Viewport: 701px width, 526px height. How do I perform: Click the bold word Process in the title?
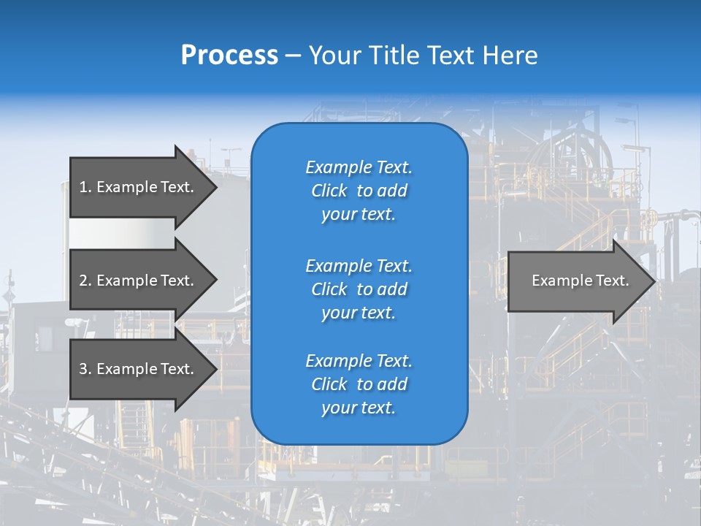(x=229, y=56)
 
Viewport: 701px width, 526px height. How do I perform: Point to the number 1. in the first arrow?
(x=85, y=187)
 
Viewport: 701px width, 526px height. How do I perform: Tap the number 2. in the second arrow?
(x=85, y=281)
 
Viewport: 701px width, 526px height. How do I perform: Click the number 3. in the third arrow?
(x=85, y=369)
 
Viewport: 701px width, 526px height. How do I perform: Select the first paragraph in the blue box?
(x=359, y=191)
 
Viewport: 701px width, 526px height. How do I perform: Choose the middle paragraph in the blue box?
(x=359, y=289)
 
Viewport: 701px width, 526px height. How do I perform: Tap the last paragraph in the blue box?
(x=359, y=384)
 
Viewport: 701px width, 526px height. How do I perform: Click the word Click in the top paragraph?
(x=329, y=191)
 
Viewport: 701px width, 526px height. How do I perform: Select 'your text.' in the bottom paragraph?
(x=359, y=408)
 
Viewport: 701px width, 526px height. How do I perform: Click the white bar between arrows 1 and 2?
(x=121, y=233)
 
